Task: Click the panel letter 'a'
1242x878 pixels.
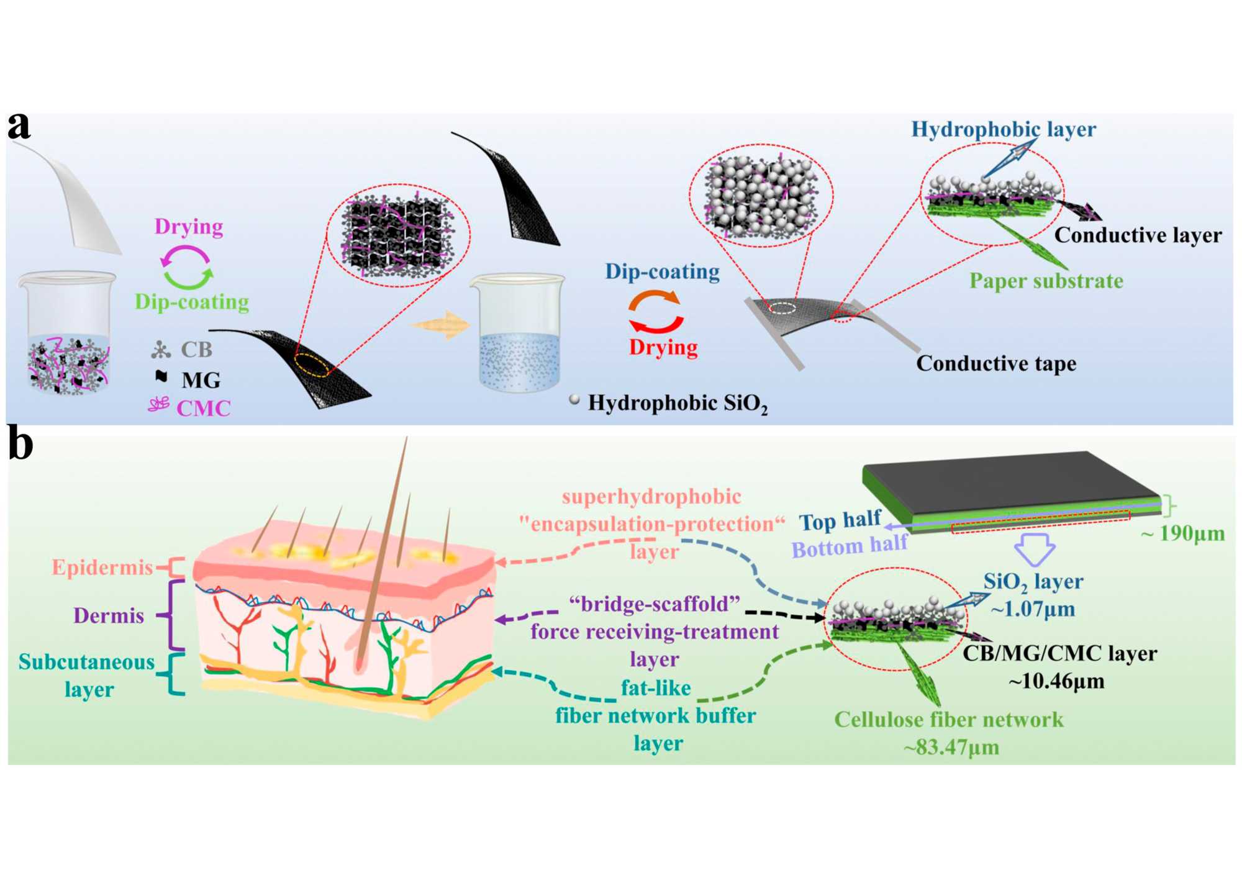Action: [19, 126]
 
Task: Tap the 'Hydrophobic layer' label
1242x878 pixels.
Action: [1003, 129]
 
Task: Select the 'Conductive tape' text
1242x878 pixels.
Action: [996, 363]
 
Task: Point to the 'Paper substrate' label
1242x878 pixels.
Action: [1046, 281]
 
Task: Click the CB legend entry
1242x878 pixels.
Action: [196, 350]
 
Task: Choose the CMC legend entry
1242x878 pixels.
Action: [203, 408]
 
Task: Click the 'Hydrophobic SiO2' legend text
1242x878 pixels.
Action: [678, 404]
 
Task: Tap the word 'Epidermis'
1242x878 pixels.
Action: [102, 567]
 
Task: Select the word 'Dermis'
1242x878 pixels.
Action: [109, 615]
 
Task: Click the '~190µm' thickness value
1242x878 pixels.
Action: [1182, 533]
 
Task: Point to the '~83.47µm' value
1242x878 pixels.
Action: [951, 746]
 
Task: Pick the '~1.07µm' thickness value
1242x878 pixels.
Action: [1033, 609]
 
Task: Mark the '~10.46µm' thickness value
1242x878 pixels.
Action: [1056, 681]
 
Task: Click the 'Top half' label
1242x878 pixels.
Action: [840, 520]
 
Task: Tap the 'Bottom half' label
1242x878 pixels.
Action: [849, 546]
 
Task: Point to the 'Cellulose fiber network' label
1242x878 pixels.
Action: [948, 719]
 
